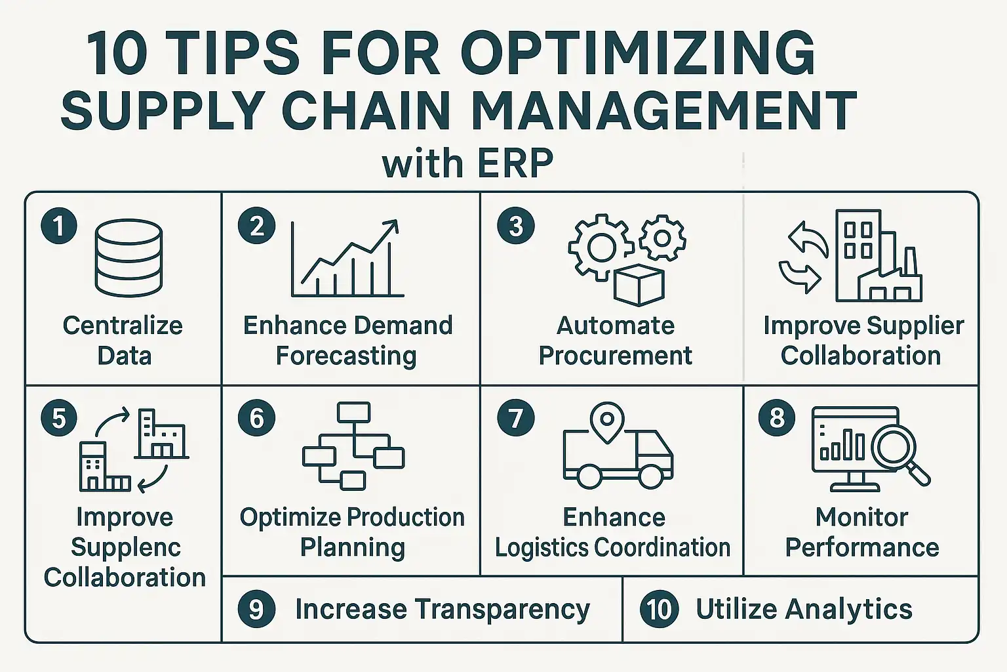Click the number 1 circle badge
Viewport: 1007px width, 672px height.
pos(59,226)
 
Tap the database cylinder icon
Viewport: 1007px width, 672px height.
pos(129,258)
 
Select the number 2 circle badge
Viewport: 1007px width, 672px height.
pos(257,226)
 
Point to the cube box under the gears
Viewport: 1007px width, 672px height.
pos(639,285)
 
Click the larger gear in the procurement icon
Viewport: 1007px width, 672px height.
pos(601,248)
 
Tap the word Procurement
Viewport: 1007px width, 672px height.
pos(615,356)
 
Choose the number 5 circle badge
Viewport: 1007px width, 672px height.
pos(59,418)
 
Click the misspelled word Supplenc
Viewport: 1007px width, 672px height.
pos(126,547)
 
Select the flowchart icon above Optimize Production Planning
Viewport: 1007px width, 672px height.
pos(353,446)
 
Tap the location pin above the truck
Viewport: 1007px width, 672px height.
pos(607,423)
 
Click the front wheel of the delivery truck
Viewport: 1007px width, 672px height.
pos(650,478)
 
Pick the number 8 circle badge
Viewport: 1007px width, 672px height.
pos(777,417)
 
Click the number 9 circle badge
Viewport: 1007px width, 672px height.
pos(257,610)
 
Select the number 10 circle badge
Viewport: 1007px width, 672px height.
pos(659,610)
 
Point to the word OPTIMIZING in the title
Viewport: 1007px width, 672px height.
pos(638,53)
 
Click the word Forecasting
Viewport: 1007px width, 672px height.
pos(346,356)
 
